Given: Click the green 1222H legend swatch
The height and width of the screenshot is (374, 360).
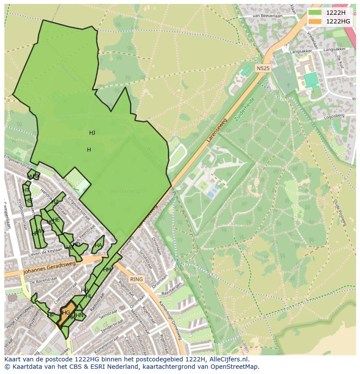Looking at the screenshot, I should click(314, 13).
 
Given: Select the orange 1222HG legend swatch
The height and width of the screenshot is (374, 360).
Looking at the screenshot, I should click(314, 21).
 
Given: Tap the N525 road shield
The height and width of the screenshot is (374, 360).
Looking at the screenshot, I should click(263, 68).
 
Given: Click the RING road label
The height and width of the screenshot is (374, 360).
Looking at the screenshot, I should click(136, 279).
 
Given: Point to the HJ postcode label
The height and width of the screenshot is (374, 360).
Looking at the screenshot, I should click(92, 133).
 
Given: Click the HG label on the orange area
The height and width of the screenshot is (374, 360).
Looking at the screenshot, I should click(66, 312).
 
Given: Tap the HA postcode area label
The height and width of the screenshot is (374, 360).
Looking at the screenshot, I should click(98, 245).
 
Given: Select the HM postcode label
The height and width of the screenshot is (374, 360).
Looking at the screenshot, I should click(107, 270).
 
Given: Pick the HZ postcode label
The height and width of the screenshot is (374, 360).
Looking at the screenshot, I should click(55, 202).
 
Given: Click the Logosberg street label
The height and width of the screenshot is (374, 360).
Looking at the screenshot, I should click(334, 117).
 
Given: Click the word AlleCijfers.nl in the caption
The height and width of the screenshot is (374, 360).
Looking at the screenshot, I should click(227, 359).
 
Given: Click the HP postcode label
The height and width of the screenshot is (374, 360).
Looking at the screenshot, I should click(51, 315).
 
